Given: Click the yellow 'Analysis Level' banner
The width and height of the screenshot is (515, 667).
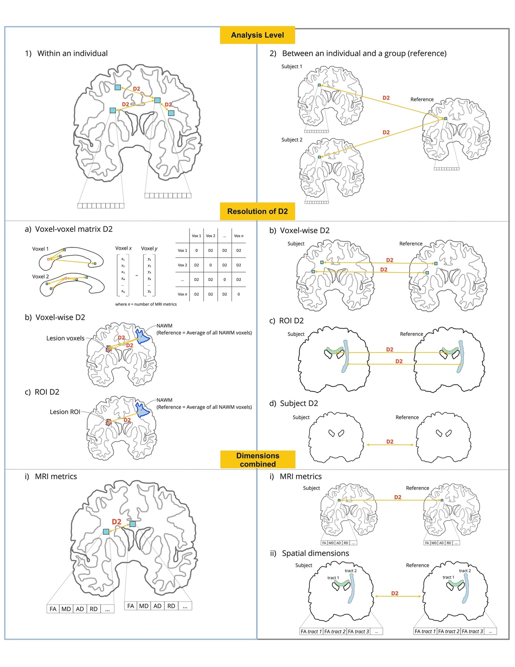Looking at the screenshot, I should pyautogui.click(x=257, y=35).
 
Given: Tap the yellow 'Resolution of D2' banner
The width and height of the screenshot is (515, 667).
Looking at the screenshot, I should pyautogui.click(x=257, y=211).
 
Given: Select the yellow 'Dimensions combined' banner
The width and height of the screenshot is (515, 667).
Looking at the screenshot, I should pyautogui.click(x=257, y=460).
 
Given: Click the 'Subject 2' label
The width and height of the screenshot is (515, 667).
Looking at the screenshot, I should pyautogui.click(x=291, y=140).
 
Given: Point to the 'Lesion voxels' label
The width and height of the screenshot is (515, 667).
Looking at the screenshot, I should pyautogui.click(x=65, y=338).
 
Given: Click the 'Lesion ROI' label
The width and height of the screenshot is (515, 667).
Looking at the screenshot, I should pyautogui.click(x=65, y=412).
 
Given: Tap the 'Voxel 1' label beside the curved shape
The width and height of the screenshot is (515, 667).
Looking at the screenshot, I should pyautogui.click(x=40, y=249).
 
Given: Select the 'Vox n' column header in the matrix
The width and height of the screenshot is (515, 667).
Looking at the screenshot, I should pyautogui.click(x=238, y=236).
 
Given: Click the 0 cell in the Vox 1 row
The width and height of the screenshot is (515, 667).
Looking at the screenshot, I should pyautogui.click(x=196, y=250).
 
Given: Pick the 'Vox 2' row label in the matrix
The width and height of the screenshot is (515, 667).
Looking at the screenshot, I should pyautogui.click(x=182, y=265).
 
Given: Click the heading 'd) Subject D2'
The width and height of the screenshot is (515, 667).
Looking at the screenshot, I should pyautogui.click(x=293, y=403).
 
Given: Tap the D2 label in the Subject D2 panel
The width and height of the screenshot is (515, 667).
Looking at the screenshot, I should pyautogui.click(x=389, y=441).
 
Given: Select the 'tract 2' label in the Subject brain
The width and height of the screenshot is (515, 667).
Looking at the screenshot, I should pyautogui.click(x=350, y=571).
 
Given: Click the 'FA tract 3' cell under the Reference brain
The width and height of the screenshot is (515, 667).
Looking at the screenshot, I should pyautogui.click(x=472, y=631).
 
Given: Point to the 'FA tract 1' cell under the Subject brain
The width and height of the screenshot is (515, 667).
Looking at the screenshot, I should pyautogui.click(x=311, y=631).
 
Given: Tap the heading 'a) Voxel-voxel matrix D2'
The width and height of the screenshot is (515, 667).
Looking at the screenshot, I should pyautogui.click(x=68, y=229).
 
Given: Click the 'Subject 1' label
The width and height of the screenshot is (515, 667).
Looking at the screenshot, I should pyautogui.click(x=291, y=66).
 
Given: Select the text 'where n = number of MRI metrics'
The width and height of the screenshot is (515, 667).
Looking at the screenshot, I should pyautogui.click(x=146, y=304).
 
